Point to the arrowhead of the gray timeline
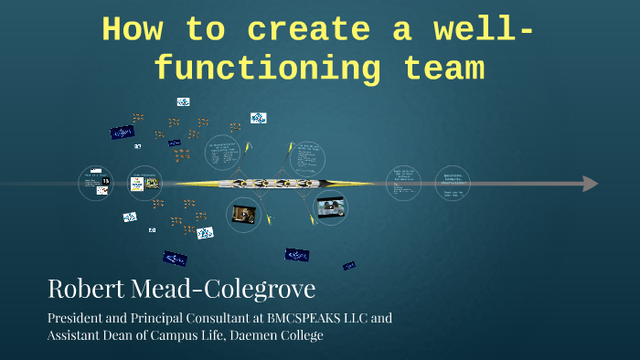(x=590, y=184)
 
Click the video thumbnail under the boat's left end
(x=243, y=214)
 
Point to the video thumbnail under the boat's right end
(x=331, y=206)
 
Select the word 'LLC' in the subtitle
(x=354, y=319)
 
